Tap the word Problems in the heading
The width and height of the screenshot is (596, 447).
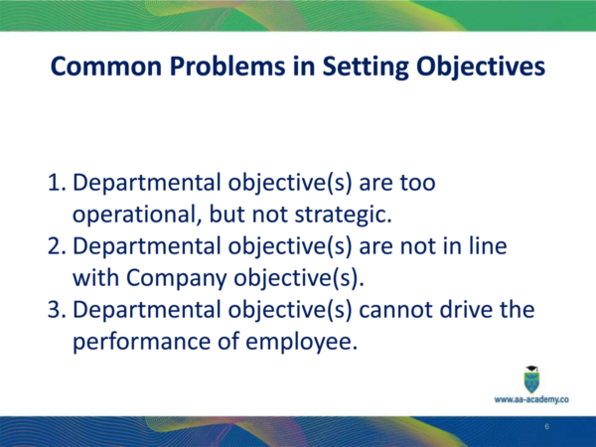(x=227, y=67)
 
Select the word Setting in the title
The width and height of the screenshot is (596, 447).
(x=366, y=67)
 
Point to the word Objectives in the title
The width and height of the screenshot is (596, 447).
(x=481, y=67)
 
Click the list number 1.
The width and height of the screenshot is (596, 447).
(x=57, y=183)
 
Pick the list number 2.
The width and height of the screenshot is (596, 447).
(x=57, y=246)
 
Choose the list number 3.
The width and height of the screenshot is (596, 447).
(x=57, y=309)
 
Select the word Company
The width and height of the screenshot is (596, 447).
(x=177, y=278)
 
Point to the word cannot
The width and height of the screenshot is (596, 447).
(x=395, y=309)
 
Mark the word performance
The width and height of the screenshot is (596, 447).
(x=141, y=342)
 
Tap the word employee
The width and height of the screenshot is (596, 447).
(x=301, y=342)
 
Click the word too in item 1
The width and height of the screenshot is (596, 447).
(x=417, y=183)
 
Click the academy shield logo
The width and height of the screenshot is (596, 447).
(x=531, y=379)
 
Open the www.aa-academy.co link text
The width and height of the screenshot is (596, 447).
(x=531, y=399)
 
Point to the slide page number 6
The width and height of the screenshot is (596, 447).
(x=547, y=426)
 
